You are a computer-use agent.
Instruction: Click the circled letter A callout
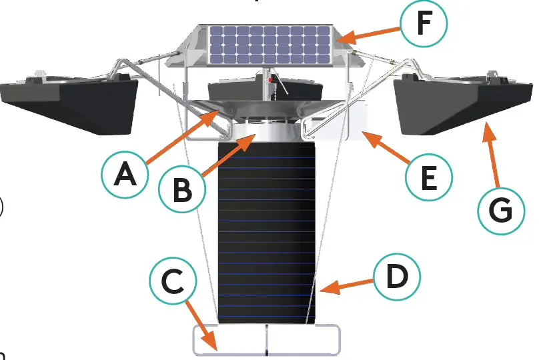pyautogui.click(x=125, y=175)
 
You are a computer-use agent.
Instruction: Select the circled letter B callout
pyautogui.click(x=183, y=189)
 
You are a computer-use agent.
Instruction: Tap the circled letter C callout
pyautogui.click(x=173, y=285)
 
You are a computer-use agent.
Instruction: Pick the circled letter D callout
pyautogui.click(x=396, y=277)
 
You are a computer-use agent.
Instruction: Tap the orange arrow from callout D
pyautogui.click(x=347, y=286)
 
